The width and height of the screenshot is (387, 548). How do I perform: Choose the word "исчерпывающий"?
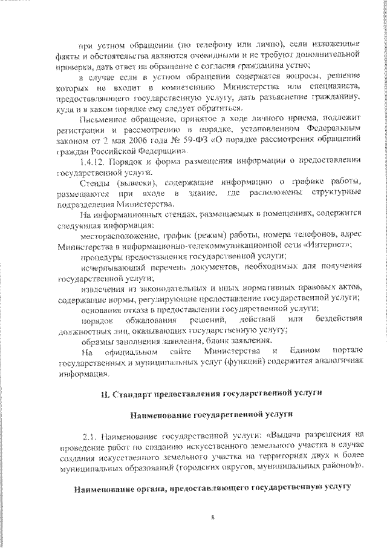[x=109, y=268]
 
